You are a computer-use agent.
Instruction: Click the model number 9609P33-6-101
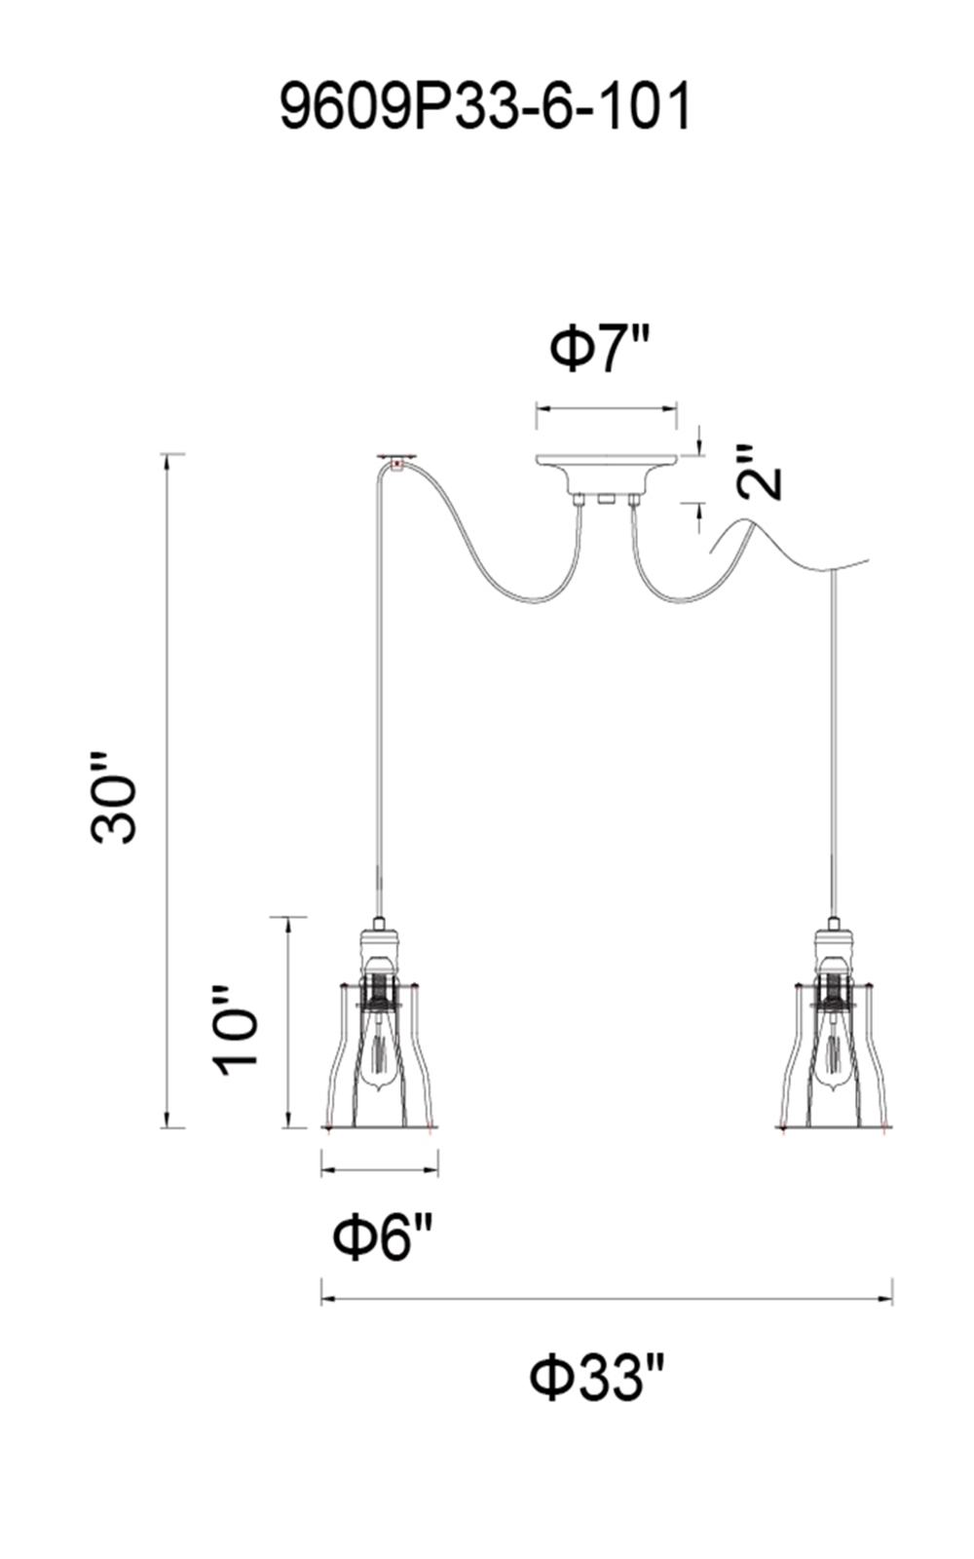coord(486,106)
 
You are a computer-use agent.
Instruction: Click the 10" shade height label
coord(235,1030)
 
